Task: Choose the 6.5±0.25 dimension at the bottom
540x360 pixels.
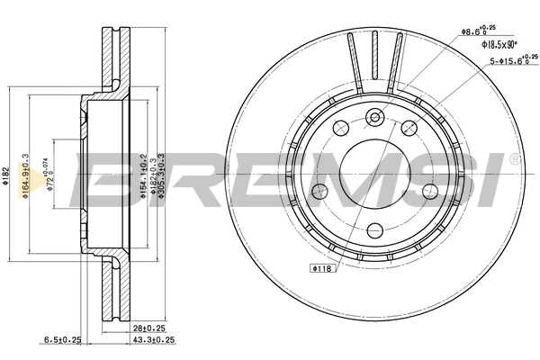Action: click(x=63, y=340)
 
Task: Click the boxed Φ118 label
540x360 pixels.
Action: click(x=321, y=268)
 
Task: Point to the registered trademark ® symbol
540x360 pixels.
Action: click(x=514, y=159)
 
